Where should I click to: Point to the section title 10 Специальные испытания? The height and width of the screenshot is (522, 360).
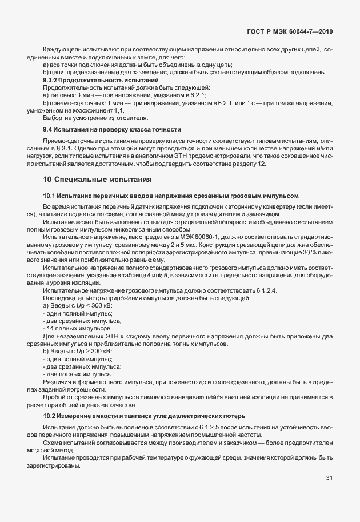click(x=97, y=180)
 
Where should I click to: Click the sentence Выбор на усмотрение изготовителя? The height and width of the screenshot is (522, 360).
click(x=95, y=118)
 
